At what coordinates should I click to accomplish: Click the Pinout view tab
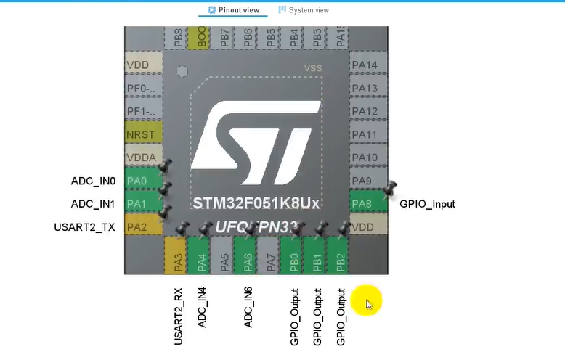(x=234, y=10)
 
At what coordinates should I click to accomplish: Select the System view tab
(x=304, y=10)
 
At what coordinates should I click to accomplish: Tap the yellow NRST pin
(x=143, y=134)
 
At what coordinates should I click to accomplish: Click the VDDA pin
(x=143, y=157)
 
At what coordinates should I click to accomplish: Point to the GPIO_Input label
(x=427, y=204)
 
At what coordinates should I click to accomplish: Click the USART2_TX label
(x=84, y=227)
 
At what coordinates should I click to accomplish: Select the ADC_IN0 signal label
(x=93, y=181)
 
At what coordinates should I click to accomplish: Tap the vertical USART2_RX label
(x=179, y=316)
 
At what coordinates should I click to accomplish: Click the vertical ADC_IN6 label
(x=248, y=307)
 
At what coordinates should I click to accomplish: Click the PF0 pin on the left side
(x=143, y=89)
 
